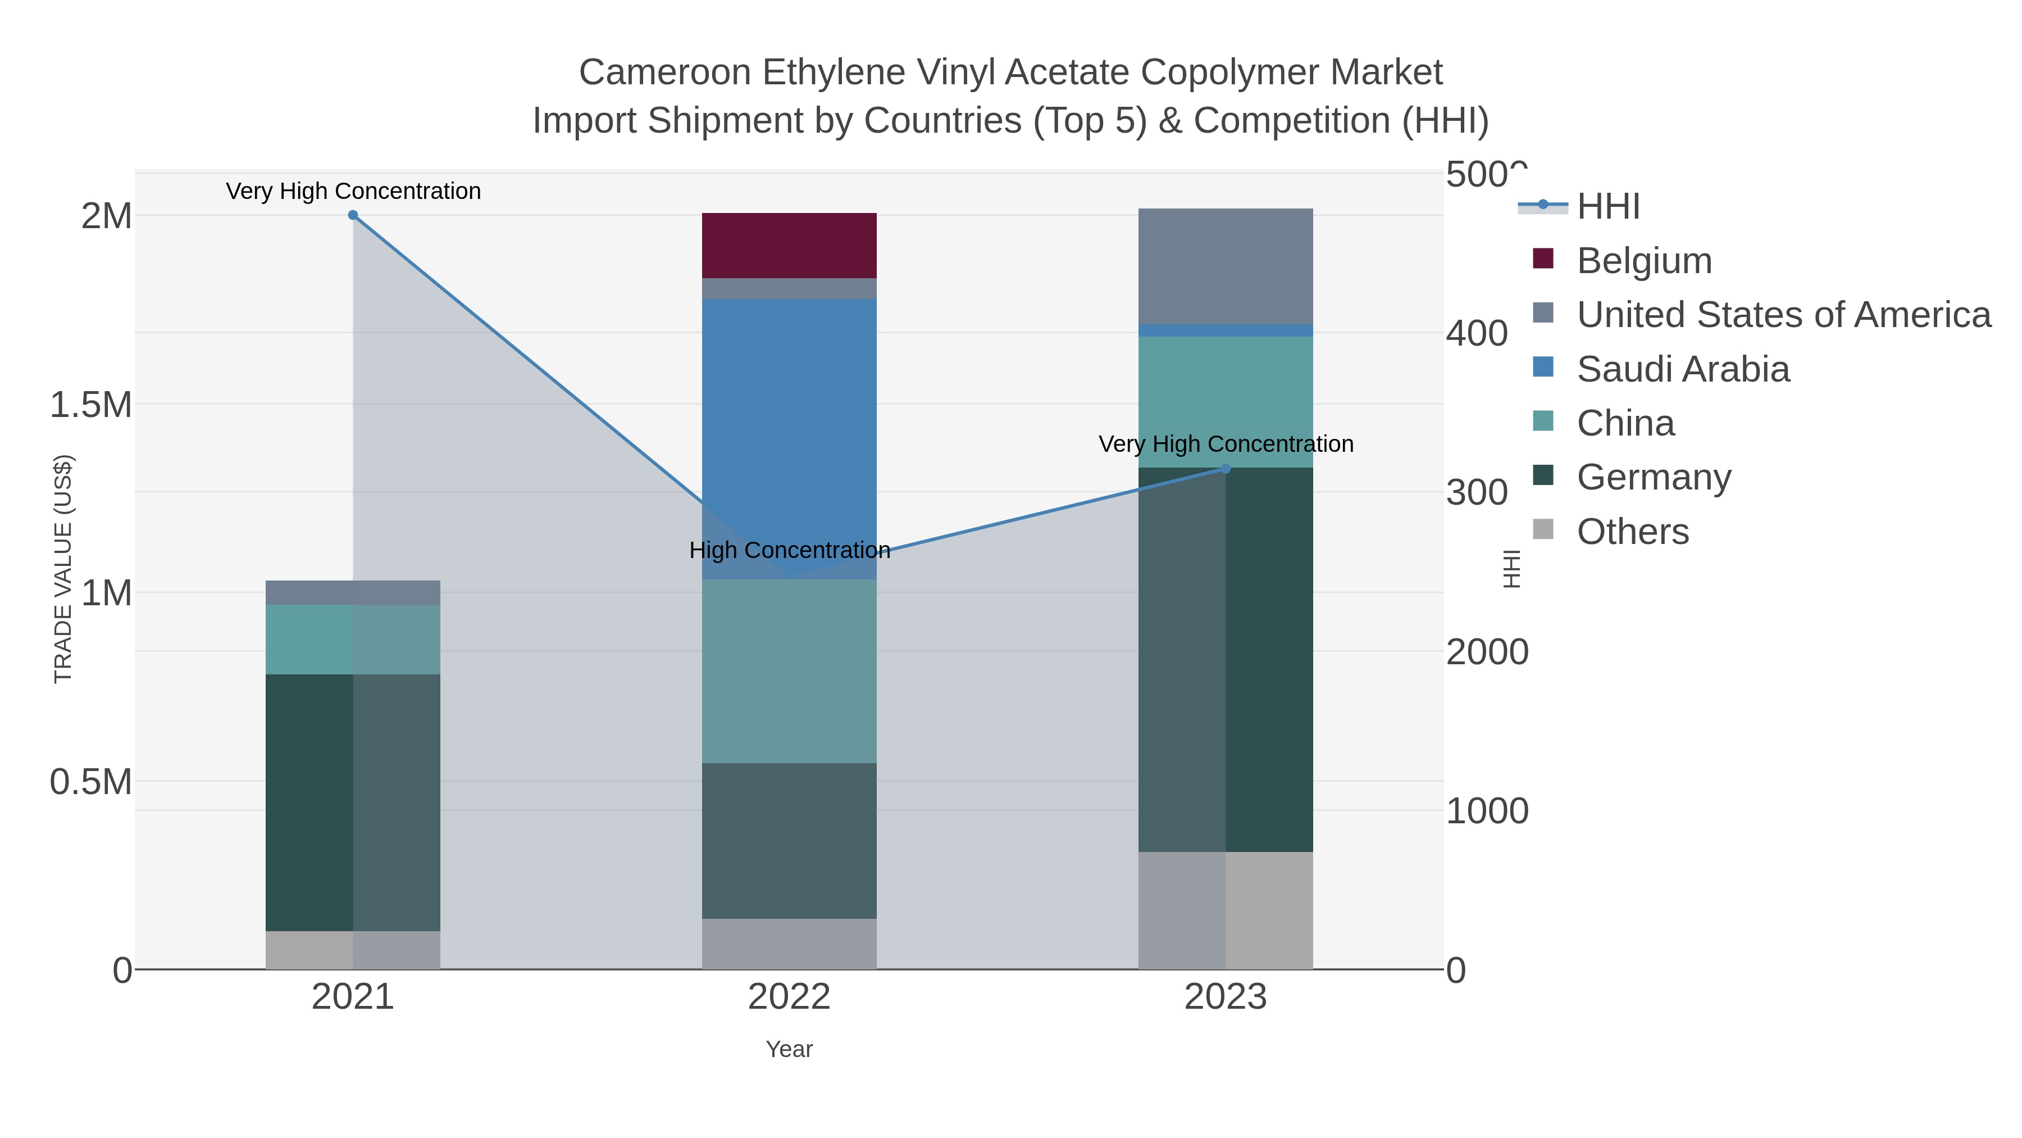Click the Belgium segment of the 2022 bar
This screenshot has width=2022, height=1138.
tap(789, 245)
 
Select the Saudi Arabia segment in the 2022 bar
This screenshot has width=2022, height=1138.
tap(789, 424)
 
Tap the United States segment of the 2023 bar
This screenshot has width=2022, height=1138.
tap(1226, 265)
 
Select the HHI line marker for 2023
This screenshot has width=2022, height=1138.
tap(1226, 469)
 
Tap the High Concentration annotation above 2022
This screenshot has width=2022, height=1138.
tap(790, 551)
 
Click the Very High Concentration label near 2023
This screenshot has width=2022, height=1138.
tap(1226, 444)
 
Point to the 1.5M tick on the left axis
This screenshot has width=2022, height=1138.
tap(90, 405)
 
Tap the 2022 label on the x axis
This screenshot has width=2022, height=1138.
tap(789, 998)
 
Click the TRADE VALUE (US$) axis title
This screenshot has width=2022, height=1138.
tap(63, 569)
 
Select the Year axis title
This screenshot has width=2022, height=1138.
tap(789, 1049)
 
